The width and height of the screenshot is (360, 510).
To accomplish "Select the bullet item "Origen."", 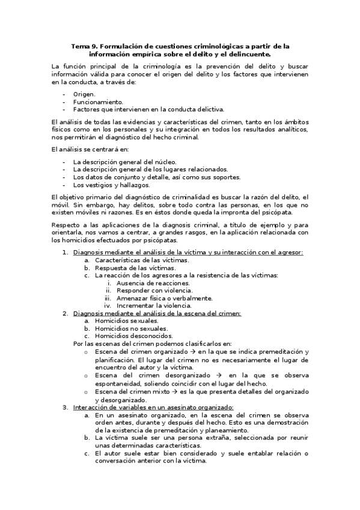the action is pos(85,94).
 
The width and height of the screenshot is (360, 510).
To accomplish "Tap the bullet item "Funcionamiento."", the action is pos(98,102).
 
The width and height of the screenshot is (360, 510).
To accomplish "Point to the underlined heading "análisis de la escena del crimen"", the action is pos(157,313).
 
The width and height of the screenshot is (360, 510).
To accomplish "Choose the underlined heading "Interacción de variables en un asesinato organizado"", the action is pos(153,408).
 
